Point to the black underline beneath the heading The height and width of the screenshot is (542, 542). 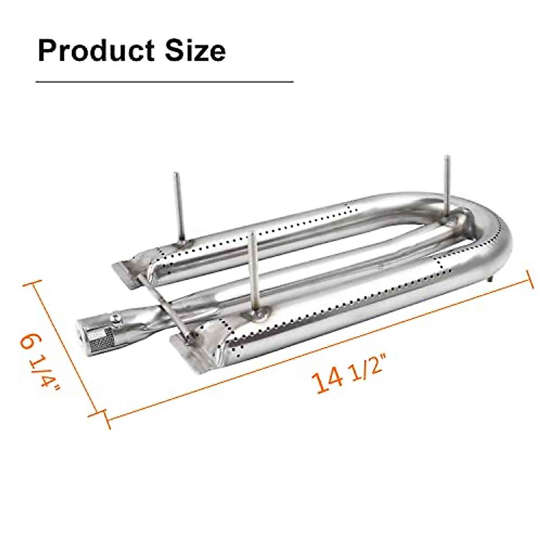tap(164, 82)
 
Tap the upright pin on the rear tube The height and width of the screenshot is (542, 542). tap(179, 208)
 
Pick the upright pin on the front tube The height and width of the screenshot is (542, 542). tap(254, 271)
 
